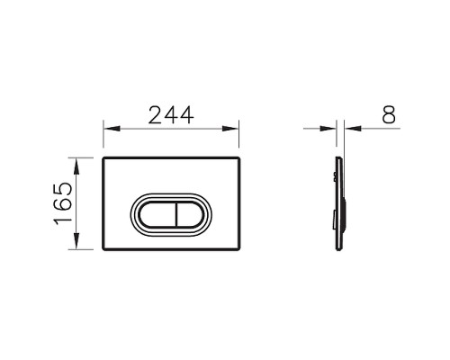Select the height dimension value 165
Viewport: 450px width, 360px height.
coord(61,204)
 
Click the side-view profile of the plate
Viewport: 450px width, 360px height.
coord(337,205)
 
